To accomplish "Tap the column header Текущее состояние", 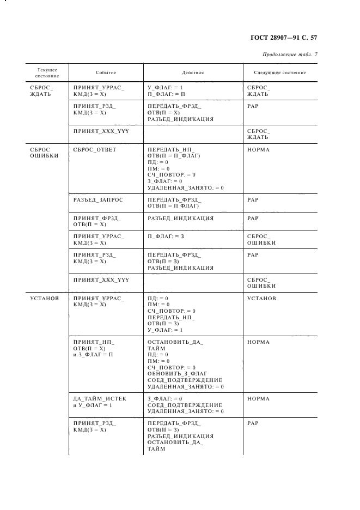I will (x=47, y=72).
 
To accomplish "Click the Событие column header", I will (x=106, y=72).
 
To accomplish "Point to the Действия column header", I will (x=193, y=72).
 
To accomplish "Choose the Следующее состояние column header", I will (x=280, y=72).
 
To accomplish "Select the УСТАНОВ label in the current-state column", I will (x=45, y=299).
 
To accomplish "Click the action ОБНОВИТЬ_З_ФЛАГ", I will (x=179, y=374).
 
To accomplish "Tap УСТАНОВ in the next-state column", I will (x=261, y=299).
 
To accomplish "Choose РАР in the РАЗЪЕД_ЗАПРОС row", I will (x=253, y=200).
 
